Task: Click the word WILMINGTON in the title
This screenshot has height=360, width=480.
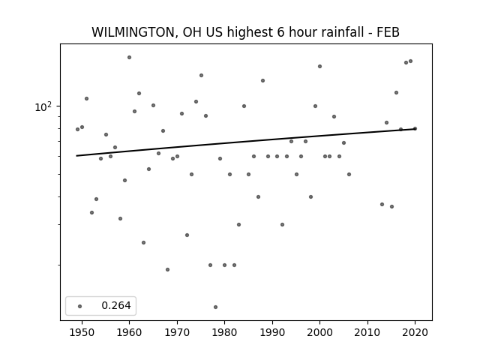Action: pyautogui.click(x=133, y=32)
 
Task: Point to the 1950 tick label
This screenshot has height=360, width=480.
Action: pyautogui.click(x=82, y=332)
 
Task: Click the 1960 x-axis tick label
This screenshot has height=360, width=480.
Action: pyautogui.click(x=129, y=332)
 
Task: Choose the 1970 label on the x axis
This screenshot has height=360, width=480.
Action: pyautogui.click(x=177, y=332)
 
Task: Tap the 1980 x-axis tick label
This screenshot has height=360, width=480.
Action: pyautogui.click(x=224, y=332)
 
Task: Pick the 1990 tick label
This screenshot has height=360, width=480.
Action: pyautogui.click(x=272, y=332)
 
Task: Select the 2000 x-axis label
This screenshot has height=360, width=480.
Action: pyautogui.click(x=319, y=332)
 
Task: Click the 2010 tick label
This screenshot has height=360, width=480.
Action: pyautogui.click(x=367, y=332)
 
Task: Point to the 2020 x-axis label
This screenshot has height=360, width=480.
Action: pyautogui.click(x=415, y=332)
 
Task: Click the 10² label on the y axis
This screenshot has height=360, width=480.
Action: pyautogui.click(x=43, y=106)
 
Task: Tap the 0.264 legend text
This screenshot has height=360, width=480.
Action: pyautogui.click(x=116, y=305)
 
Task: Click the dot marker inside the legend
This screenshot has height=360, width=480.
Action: pyautogui.click(x=80, y=306)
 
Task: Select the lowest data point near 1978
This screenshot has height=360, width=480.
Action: pyautogui.click(x=215, y=307)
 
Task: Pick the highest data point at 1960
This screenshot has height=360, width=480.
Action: pyautogui.click(x=129, y=57)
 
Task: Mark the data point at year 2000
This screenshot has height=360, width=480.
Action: pyautogui.click(x=319, y=67)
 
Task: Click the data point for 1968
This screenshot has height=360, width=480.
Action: pyautogui.click(x=167, y=270)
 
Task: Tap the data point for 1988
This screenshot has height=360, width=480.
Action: pyautogui.click(x=262, y=80)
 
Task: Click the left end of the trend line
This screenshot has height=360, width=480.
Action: pyautogui.click(x=76, y=156)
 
